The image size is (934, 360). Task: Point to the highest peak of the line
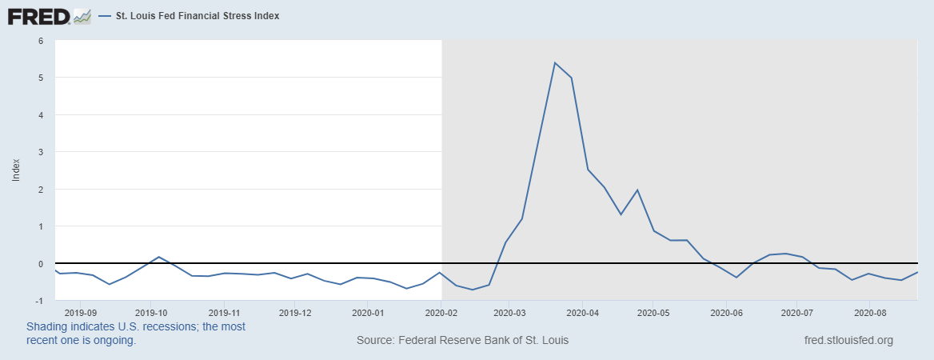(x=555, y=62)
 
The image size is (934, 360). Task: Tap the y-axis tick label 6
(x=40, y=41)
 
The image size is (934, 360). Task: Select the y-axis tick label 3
(x=40, y=152)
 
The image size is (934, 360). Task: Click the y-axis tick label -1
(x=38, y=301)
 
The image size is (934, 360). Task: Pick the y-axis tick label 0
(x=40, y=264)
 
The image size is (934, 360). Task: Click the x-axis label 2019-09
(x=80, y=312)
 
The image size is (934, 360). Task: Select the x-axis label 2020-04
(x=582, y=312)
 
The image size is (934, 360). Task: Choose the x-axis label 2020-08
(x=870, y=312)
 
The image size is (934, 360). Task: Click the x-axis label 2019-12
(x=296, y=312)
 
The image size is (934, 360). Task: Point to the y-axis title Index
(x=16, y=170)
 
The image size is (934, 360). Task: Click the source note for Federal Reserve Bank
(x=462, y=341)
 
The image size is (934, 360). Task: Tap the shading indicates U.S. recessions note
(x=136, y=334)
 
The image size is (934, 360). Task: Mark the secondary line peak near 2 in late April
(x=637, y=190)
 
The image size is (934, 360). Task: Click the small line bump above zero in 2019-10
(x=158, y=257)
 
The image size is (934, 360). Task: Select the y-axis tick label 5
(x=40, y=78)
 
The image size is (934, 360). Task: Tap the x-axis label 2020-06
(x=726, y=312)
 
